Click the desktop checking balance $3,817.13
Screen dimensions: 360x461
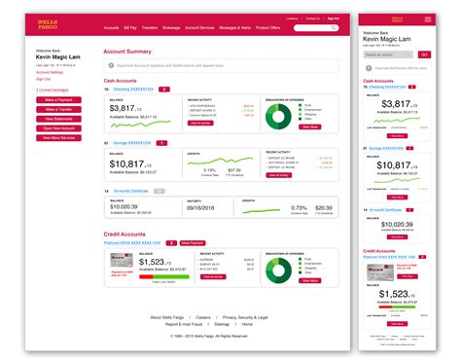click(132, 108)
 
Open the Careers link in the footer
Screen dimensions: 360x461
click(203, 317)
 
